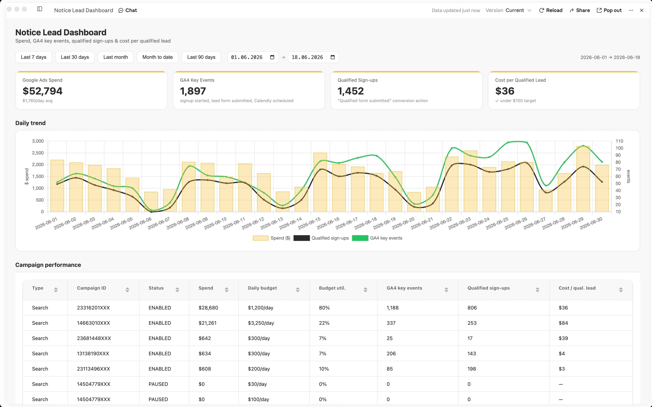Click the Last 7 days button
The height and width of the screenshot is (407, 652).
click(34, 57)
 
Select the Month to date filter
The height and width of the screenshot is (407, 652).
click(157, 57)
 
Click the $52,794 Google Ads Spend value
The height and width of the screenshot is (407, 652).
click(43, 91)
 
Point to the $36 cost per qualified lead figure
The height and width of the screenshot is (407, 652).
click(505, 91)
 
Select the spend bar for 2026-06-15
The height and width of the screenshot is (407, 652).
click(320, 182)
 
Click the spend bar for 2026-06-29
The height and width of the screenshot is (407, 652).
click(583, 179)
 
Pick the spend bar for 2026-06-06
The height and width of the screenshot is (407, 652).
click(151, 202)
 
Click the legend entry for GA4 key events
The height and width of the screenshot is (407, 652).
click(377, 238)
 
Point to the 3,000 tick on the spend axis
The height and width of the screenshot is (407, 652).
click(38, 141)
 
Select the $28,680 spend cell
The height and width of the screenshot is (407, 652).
click(208, 308)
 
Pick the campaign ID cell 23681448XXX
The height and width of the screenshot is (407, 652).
click(94, 338)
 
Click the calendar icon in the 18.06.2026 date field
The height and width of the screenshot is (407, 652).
click(333, 57)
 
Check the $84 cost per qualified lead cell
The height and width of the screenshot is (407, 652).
click(563, 323)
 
